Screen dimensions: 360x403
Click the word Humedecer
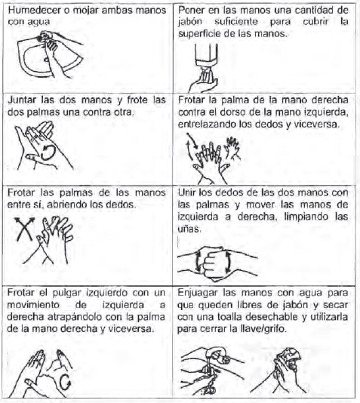click(x=34, y=11)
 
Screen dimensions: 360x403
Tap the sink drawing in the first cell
click(x=50, y=54)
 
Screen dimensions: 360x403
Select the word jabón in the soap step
click(x=190, y=22)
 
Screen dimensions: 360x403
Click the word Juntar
click(x=23, y=100)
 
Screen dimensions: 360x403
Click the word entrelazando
click(x=207, y=125)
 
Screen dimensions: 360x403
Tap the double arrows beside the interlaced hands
click(x=192, y=146)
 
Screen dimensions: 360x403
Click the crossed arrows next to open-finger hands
click(x=24, y=229)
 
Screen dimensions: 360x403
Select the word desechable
click(x=272, y=317)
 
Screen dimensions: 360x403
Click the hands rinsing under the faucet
click(x=211, y=370)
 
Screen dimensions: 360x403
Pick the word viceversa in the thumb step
click(x=131, y=329)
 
